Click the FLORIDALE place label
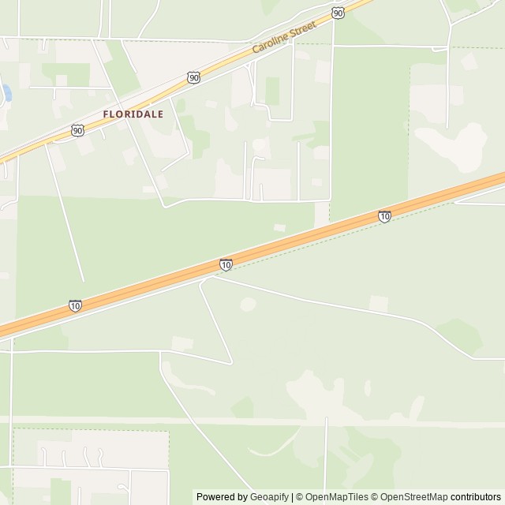(133, 114)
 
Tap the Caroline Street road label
(284, 37)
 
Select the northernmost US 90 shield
(338, 13)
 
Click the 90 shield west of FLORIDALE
(77, 130)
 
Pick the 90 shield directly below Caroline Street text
(193, 77)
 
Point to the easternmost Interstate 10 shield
(383, 216)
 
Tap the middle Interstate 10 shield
(226, 265)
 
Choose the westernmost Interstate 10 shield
(75, 305)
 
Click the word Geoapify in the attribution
(269, 497)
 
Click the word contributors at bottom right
(477, 497)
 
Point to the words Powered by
(222, 497)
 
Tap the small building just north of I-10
(279, 227)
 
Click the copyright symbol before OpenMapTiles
(299, 497)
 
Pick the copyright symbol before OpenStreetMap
(376, 497)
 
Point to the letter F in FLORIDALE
(107, 114)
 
